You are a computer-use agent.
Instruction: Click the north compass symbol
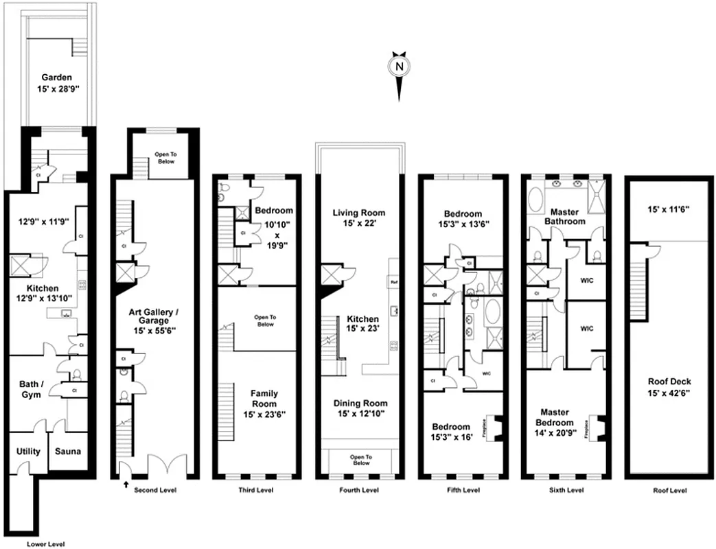pyautogui.click(x=397, y=67)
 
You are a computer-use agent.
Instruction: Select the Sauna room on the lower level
pyautogui.click(x=68, y=452)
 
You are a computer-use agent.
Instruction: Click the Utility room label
pyautogui.click(x=28, y=452)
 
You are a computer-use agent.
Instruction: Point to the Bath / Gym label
pyautogui.click(x=30, y=389)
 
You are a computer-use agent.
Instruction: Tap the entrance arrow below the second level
pyautogui.click(x=125, y=485)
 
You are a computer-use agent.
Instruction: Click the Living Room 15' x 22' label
pyautogui.click(x=360, y=218)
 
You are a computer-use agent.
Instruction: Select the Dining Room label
pyautogui.click(x=360, y=408)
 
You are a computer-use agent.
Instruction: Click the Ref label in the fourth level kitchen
pyautogui.click(x=393, y=282)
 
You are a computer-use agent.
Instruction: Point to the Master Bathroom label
pyautogui.click(x=564, y=216)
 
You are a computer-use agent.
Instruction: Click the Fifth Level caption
pyautogui.click(x=463, y=491)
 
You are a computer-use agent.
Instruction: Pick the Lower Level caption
pyautogui.click(x=46, y=544)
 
